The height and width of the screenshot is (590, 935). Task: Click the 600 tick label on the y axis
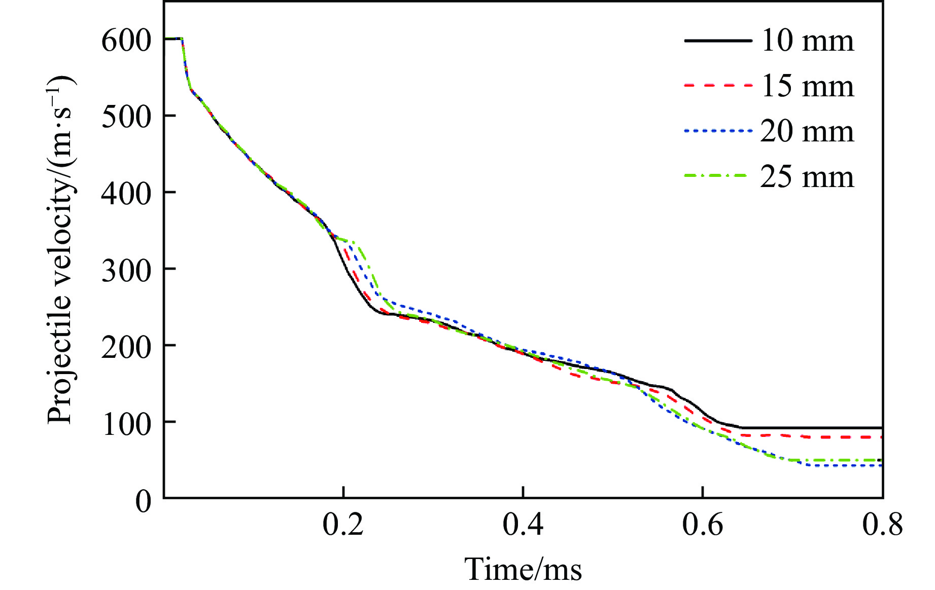click(x=126, y=41)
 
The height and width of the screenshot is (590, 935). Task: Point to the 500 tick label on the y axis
click(x=126, y=117)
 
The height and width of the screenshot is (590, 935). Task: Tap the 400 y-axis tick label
click(x=126, y=194)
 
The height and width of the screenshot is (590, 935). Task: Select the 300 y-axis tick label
click(x=126, y=271)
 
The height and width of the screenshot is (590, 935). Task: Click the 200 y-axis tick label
click(x=126, y=347)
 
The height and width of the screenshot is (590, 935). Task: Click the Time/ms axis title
click(x=523, y=569)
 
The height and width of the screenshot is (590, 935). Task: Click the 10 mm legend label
click(x=807, y=41)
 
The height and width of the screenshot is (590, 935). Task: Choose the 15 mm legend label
click(x=807, y=86)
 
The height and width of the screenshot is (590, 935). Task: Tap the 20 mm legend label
click(x=807, y=131)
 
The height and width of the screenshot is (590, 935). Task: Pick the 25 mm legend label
click(x=807, y=177)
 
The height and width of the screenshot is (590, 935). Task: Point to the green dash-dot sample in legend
click(x=717, y=176)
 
